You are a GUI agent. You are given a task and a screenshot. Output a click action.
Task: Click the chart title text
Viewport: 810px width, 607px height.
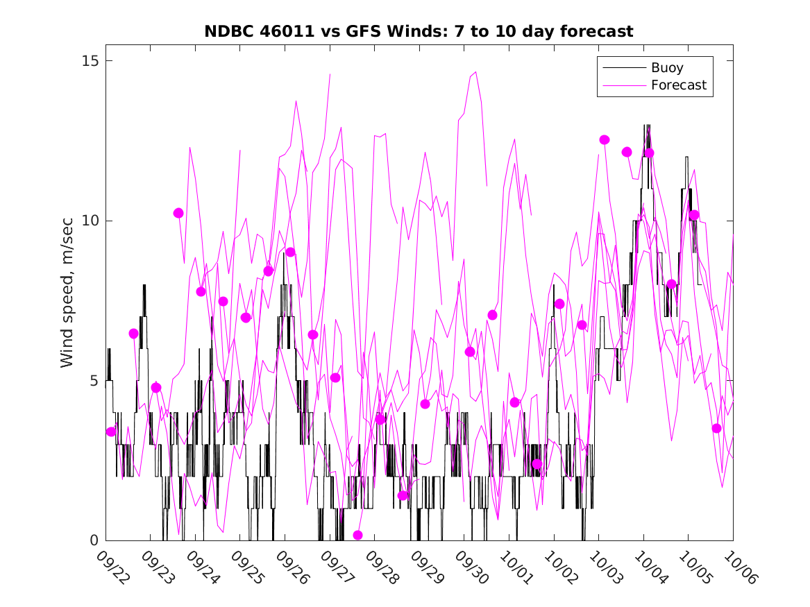[x=419, y=32]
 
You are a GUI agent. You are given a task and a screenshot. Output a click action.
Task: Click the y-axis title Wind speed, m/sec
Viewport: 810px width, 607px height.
[x=67, y=300]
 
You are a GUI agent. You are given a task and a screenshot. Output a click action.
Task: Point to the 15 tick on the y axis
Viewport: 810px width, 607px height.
[x=90, y=61]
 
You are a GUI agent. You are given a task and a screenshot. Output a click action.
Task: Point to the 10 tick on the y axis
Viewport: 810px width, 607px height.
[x=90, y=221]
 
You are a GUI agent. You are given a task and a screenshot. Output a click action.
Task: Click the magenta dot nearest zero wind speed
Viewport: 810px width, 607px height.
[x=358, y=535]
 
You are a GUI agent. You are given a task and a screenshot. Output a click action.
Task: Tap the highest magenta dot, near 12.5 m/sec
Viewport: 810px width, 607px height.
[x=604, y=139]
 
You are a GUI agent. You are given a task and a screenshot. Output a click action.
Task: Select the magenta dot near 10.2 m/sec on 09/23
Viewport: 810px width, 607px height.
[x=178, y=213]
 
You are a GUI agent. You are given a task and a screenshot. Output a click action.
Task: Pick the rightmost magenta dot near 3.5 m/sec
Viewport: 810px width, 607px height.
[x=716, y=428]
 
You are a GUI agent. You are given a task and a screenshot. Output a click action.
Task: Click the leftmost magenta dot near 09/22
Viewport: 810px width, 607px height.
[x=111, y=431]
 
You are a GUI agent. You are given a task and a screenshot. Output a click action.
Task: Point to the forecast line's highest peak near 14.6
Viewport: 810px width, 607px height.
[x=475, y=71]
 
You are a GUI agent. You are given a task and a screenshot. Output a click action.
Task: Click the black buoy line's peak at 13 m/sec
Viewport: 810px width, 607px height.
[x=647, y=126]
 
